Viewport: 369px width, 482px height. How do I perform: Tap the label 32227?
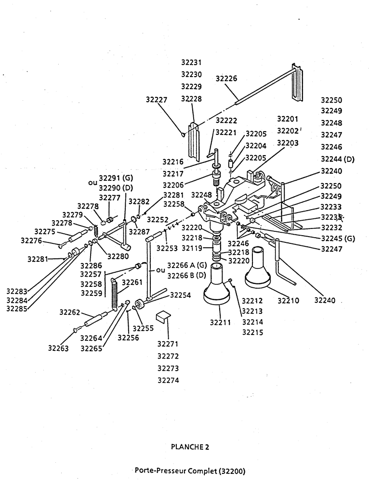pos(157,100)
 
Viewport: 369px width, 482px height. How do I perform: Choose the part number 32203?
pos(288,143)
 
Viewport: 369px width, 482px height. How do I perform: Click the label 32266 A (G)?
pos(187,265)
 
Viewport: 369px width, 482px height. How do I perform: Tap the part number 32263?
pos(58,348)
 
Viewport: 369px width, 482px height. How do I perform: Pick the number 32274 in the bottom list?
pos(168,380)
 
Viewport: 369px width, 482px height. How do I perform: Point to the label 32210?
pos(289,300)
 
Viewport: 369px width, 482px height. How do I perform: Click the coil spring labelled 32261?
pos(115,294)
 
